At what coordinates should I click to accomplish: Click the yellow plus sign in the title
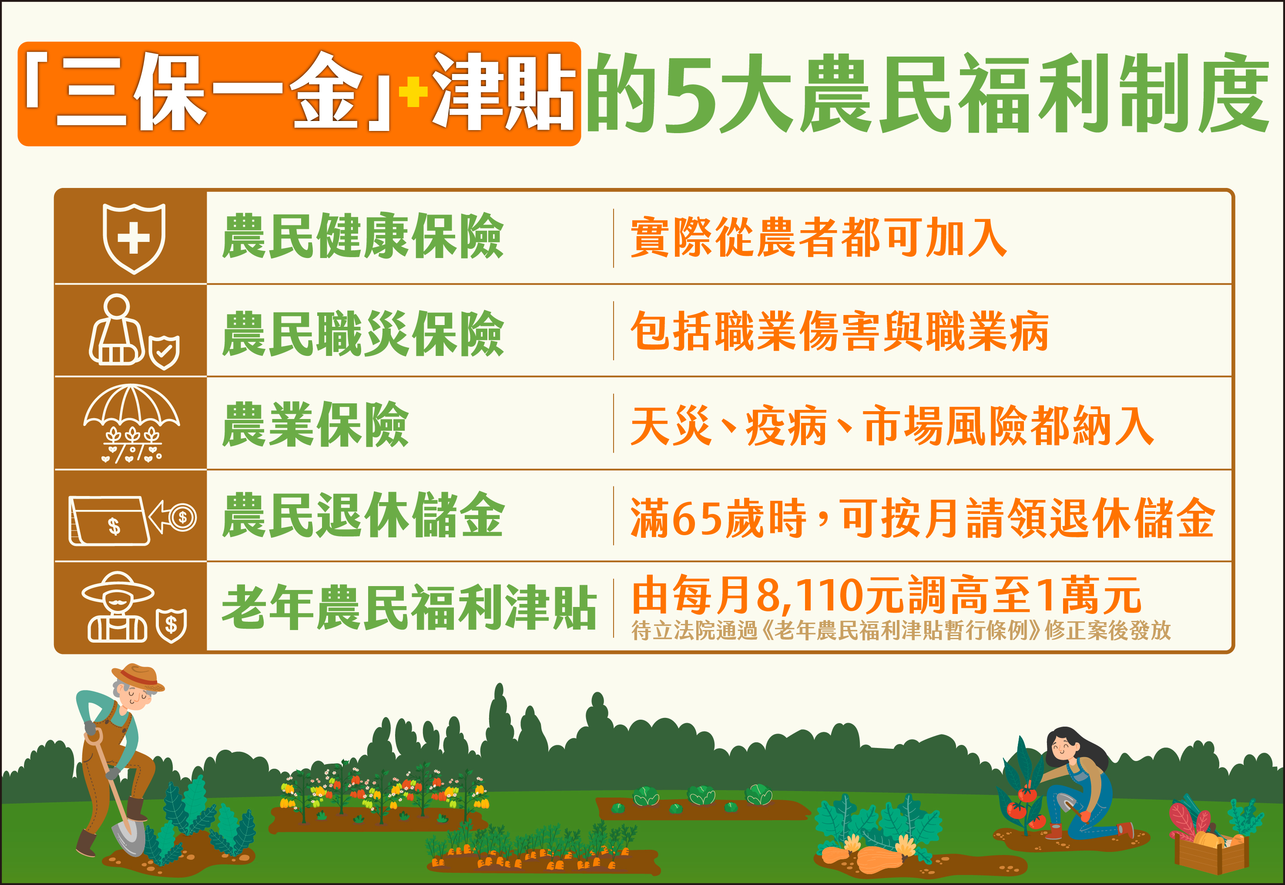tap(413, 92)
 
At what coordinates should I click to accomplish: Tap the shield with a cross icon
tap(134, 238)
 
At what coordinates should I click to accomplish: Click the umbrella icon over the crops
tap(131, 423)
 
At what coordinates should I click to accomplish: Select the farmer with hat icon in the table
tap(118, 607)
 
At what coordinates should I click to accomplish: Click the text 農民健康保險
tap(363, 237)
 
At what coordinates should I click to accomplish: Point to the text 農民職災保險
tap(363, 334)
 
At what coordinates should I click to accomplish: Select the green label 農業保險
tap(315, 425)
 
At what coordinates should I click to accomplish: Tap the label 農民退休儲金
tap(363, 516)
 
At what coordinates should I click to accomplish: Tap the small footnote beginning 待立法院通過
tap(901, 631)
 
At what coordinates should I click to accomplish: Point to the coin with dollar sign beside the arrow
tap(182, 518)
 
